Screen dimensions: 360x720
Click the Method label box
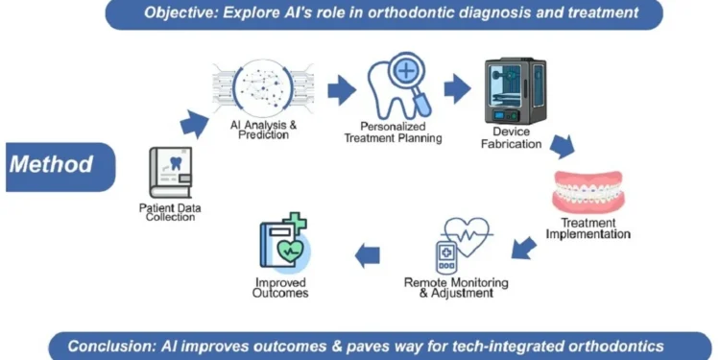(52, 165)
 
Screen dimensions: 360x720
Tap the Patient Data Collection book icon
(171, 173)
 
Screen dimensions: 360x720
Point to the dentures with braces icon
(588, 192)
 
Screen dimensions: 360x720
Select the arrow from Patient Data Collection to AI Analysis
(195, 122)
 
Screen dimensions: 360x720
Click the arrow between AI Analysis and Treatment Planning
(341, 91)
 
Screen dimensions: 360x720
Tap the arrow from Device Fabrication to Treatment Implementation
(562, 145)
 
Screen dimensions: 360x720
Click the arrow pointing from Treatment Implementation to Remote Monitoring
(523, 248)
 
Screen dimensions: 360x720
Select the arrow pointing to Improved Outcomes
(367, 254)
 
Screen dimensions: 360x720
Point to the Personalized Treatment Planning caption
(394, 132)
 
